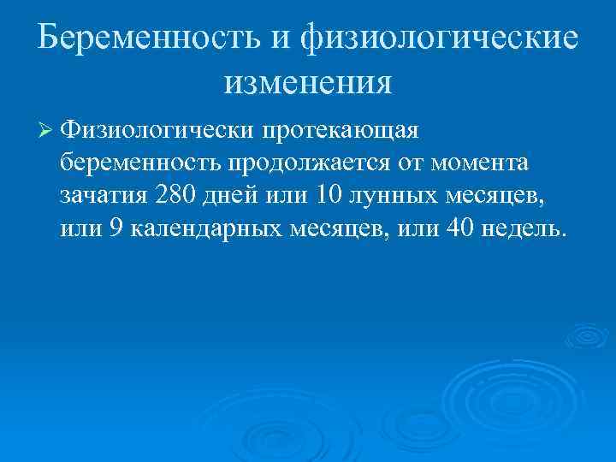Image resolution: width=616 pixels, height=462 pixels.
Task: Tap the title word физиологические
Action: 438,39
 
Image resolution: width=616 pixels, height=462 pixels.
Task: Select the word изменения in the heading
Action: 308,83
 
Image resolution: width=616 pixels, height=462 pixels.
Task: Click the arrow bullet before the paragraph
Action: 46,130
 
